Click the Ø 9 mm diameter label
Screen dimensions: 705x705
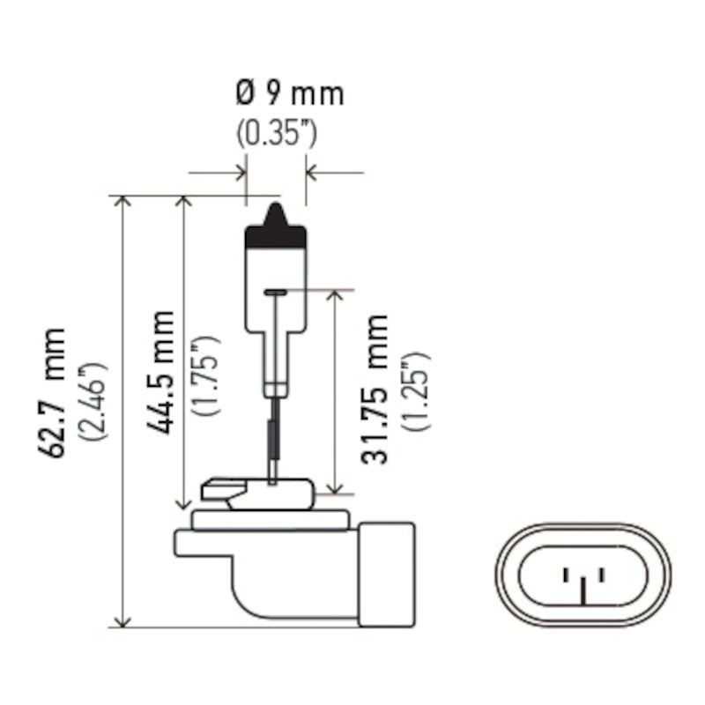(290, 94)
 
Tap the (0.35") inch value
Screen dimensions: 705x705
(277, 134)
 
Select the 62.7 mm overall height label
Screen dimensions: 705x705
(52, 393)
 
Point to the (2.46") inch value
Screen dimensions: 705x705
(93, 402)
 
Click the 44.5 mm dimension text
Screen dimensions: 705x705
(160, 372)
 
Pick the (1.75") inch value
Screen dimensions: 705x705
(206, 375)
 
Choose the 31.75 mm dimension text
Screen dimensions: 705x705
(374, 390)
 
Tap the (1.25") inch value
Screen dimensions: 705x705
(416, 392)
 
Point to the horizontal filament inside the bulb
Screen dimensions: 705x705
(276, 293)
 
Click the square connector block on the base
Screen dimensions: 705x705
(387, 575)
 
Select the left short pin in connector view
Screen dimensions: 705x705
(566, 575)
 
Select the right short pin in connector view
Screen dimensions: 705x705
(602, 575)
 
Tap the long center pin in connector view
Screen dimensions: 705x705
(583, 591)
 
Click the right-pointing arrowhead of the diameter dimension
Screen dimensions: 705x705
(241, 173)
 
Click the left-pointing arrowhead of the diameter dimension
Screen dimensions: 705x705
(311, 173)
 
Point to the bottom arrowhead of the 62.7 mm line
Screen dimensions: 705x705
(122, 621)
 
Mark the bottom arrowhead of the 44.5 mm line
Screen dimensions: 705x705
(183, 503)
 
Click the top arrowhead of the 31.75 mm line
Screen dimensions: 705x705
(335, 296)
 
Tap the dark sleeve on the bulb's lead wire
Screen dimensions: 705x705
(274, 441)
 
